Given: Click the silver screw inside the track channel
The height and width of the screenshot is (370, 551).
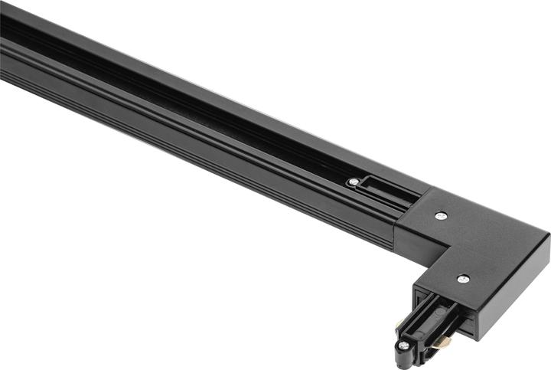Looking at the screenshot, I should point(353,182).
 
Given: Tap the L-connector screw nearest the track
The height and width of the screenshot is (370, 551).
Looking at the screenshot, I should point(440,216).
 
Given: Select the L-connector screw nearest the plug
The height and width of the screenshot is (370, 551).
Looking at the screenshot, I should point(463,279).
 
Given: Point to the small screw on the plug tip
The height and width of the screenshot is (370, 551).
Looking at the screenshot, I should point(403,345).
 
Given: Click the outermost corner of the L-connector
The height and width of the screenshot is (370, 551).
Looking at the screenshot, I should point(548,236).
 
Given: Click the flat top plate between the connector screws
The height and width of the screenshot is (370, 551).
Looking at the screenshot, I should point(459,245).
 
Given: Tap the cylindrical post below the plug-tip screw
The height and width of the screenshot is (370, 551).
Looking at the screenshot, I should point(402,359).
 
